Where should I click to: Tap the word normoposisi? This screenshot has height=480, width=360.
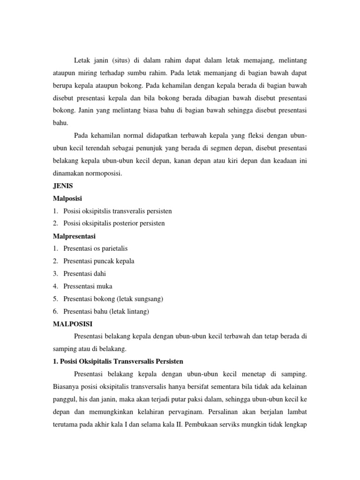[101, 173]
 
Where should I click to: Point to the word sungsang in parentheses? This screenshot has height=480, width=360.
[148, 299]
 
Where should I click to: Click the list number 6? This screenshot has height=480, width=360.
[55, 311]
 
